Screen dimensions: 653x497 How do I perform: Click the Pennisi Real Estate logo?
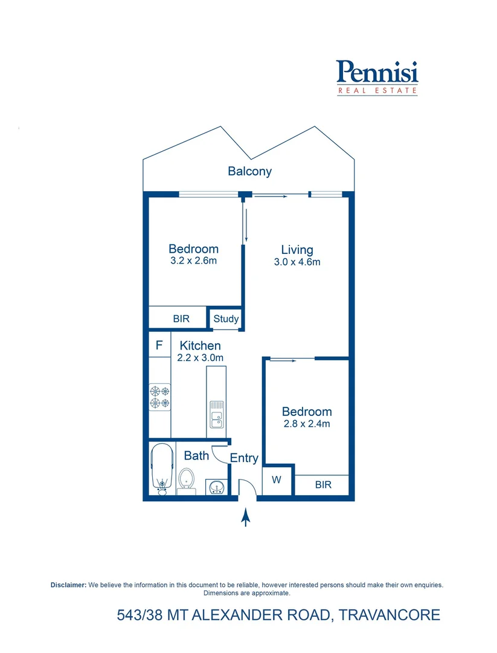click(377, 77)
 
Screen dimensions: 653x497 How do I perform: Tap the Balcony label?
click(249, 171)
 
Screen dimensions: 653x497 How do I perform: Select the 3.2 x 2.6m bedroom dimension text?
click(193, 261)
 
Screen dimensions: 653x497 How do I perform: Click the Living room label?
click(297, 250)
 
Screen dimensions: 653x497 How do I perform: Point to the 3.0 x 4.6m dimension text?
click(297, 262)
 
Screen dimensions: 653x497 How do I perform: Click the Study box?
click(226, 319)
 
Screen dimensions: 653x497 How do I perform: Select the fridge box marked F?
click(159, 346)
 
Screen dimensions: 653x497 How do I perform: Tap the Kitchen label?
click(200, 346)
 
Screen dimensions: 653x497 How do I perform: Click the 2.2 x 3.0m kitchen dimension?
click(200, 358)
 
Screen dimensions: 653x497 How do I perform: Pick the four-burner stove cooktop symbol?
click(159, 397)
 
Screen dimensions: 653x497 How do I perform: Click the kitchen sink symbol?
click(216, 414)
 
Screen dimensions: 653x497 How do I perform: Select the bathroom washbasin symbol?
click(216, 486)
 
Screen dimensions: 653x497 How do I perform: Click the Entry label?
click(244, 458)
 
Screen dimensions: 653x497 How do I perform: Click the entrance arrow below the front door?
click(245, 518)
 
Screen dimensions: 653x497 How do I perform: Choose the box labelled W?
click(277, 481)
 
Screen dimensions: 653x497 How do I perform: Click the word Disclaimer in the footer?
click(68, 585)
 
